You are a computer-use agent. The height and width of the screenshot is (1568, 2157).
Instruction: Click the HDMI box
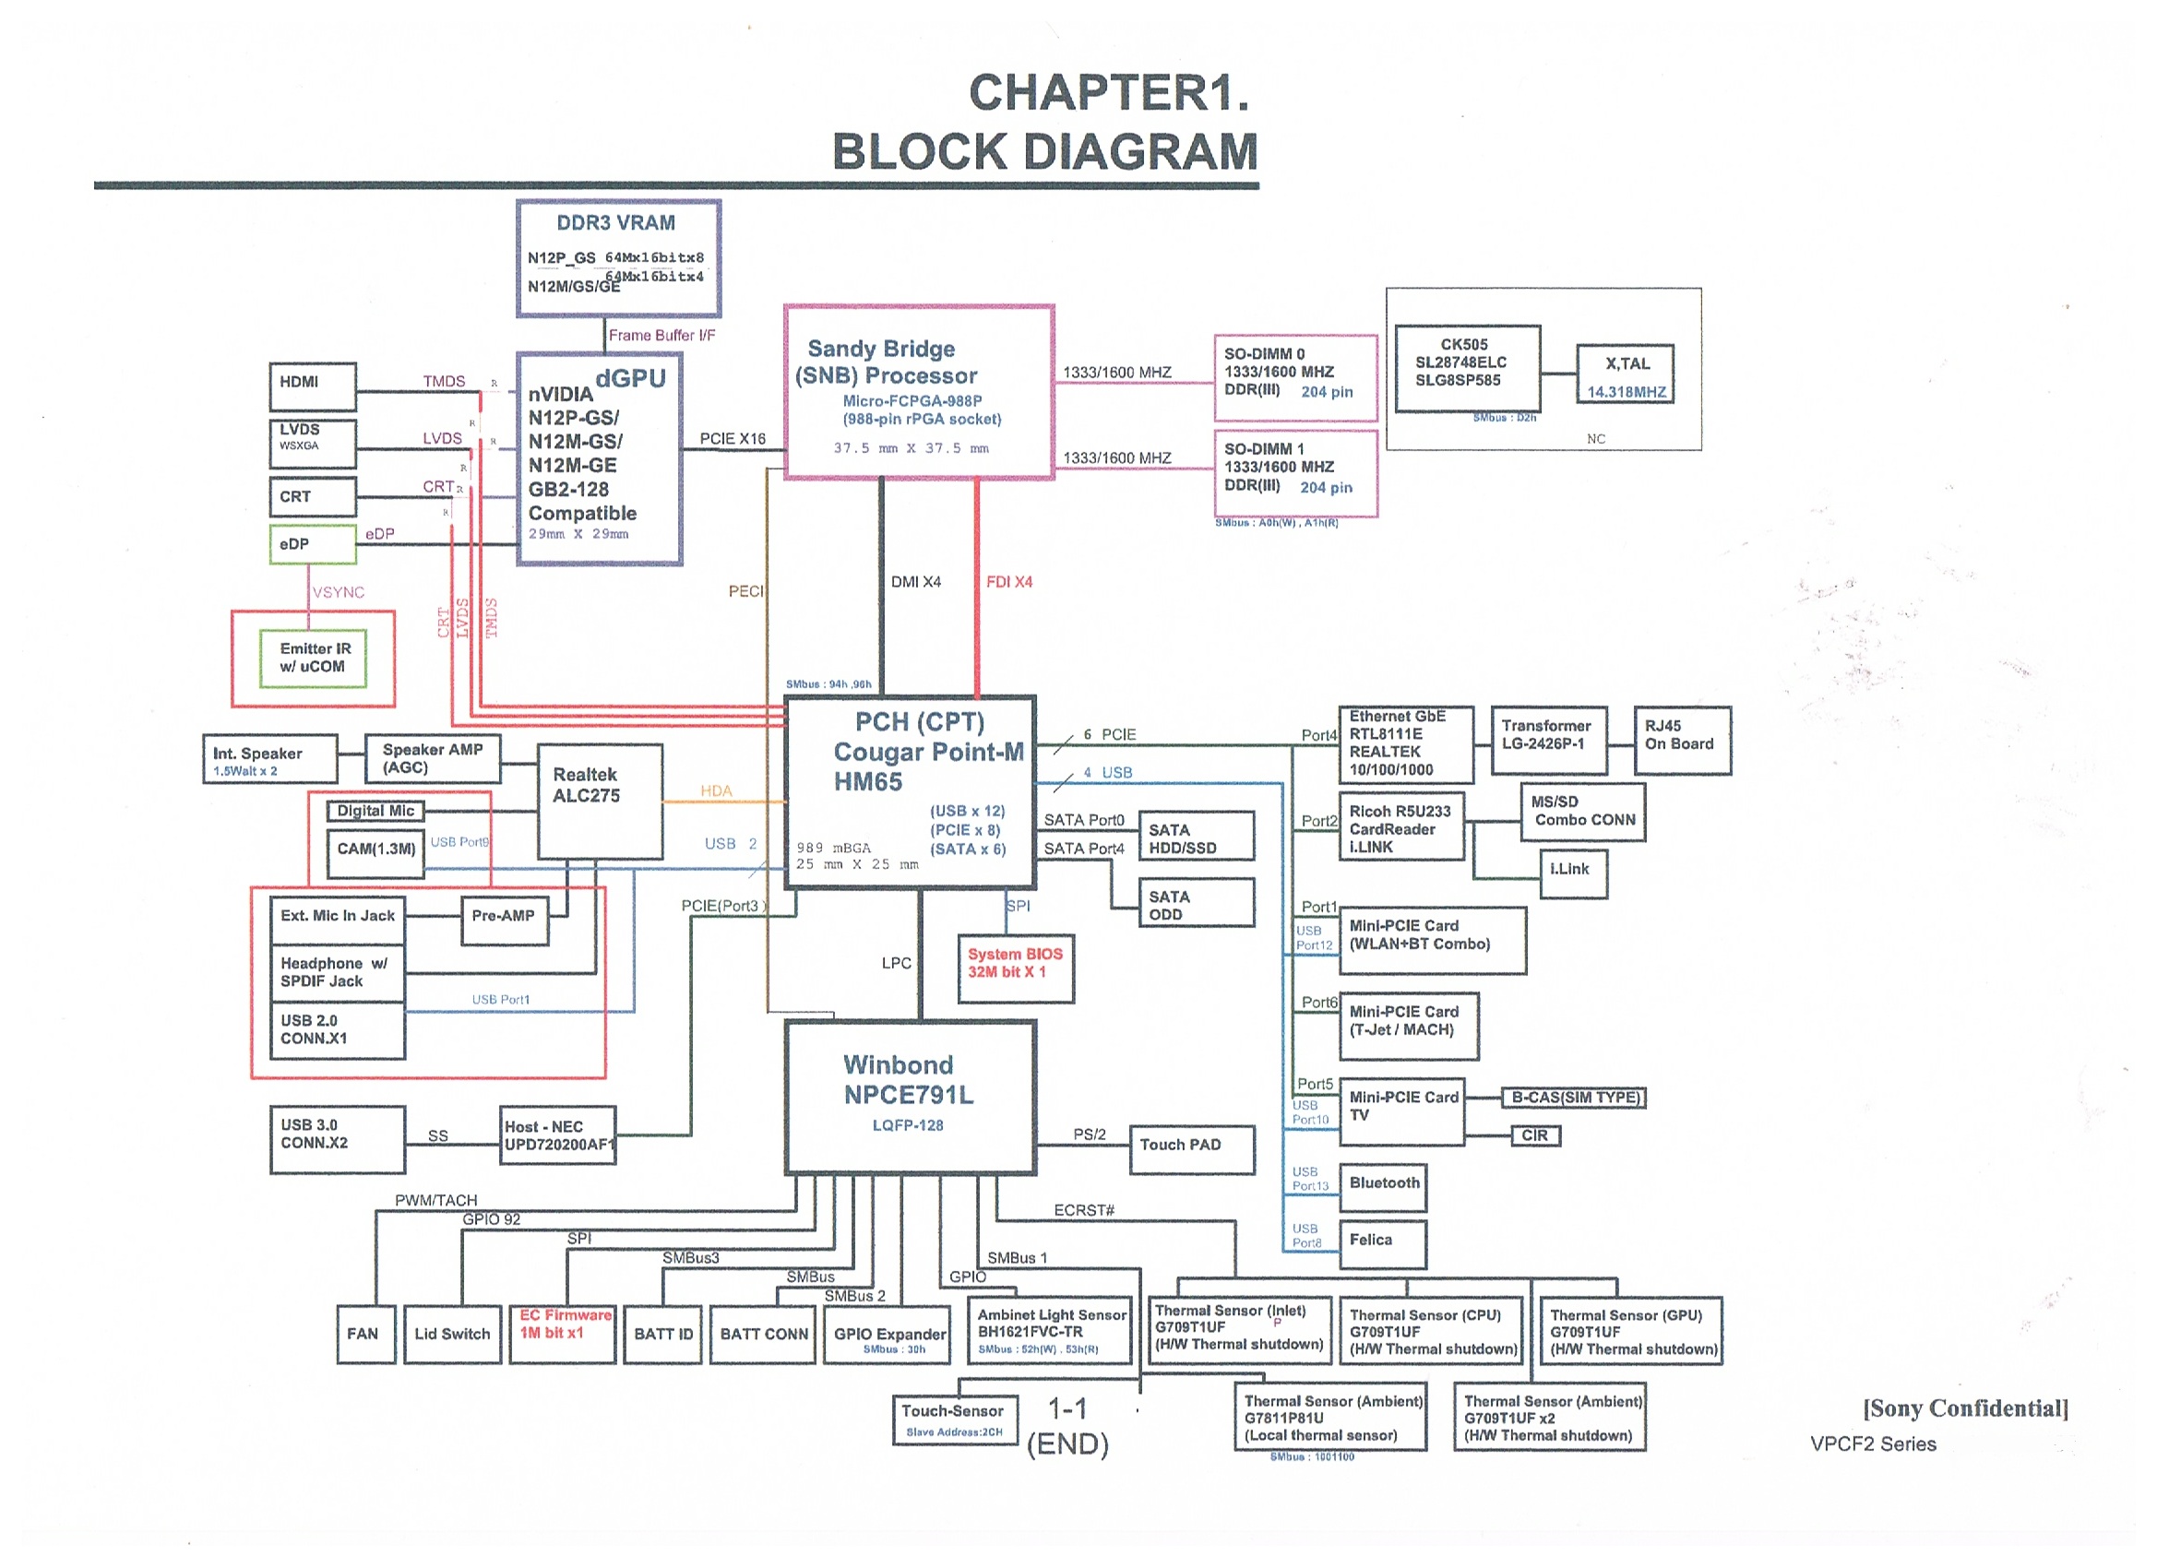tap(312, 386)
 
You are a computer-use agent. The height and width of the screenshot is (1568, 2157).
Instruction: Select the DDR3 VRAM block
tap(617, 257)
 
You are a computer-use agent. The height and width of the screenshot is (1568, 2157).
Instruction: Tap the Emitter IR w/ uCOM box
tap(313, 658)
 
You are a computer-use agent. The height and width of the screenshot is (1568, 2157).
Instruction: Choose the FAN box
tap(365, 1334)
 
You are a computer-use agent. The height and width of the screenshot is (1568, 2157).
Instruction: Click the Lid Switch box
tap(452, 1334)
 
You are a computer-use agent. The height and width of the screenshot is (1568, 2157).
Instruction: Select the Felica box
tap(1382, 1242)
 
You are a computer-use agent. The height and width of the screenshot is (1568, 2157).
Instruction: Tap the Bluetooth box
tap(1382, 1186)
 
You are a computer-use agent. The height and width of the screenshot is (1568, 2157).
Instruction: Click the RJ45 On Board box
tap(1682, 740)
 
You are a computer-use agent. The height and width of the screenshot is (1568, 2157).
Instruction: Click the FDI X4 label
tap(1009, 582)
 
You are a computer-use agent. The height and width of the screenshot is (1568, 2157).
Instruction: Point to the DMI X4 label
tap(915, 582)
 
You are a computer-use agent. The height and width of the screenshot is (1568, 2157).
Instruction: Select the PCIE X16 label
tap(733, 438)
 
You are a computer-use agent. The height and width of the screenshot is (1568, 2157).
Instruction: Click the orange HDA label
tap(716, 791)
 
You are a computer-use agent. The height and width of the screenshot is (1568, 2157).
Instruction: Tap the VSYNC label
tap(338, 592)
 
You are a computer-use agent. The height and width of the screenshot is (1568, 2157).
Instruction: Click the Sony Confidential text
tap(1965, 1408)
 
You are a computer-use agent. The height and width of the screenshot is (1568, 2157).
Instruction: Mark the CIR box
tap(1535, 1135)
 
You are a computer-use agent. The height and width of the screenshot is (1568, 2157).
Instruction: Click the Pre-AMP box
tap(504, 920)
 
